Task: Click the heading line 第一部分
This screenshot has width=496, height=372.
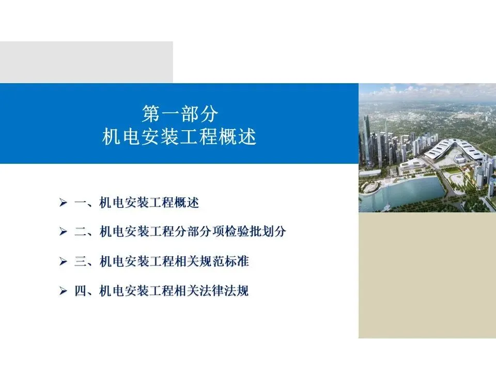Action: point(180,114)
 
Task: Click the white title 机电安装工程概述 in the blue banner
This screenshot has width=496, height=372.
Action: point(179,137)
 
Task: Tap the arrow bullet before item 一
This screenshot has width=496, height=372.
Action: point(63,203)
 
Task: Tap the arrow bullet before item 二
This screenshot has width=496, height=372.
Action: point(63,231)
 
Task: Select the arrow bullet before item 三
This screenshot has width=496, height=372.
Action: point(63,261)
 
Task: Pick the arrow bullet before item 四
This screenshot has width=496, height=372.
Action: point(63,291)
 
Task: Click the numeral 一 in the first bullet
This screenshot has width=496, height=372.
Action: point(81,203)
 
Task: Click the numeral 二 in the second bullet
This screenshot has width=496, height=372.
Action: point(81,231)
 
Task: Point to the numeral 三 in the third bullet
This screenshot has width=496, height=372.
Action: point(81,261)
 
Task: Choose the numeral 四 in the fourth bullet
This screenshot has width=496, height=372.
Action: point(81,291)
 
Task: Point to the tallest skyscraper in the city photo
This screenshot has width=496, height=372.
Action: point(367,139)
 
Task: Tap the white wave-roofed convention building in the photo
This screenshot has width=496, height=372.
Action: point(456,151)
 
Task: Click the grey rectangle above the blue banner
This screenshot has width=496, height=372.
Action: point(86,62)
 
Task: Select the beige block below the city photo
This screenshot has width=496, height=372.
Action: point(427,275)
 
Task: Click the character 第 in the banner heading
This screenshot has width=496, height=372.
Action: point(150,114)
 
